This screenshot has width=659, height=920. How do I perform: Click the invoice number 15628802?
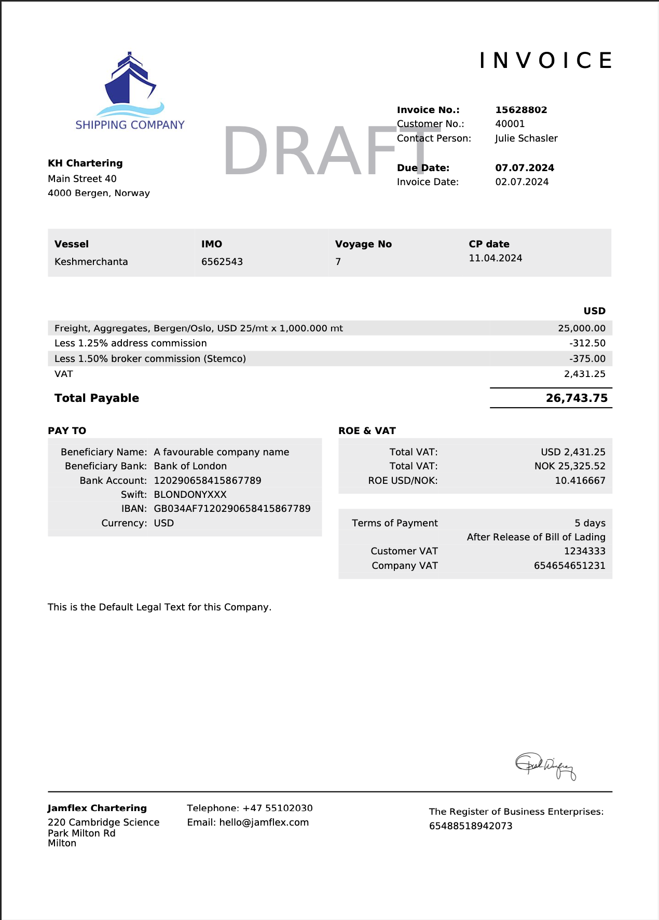tap(521, 110)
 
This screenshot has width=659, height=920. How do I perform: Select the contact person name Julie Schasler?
tap(526, 138)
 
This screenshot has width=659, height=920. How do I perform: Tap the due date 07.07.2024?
tap(525, 168)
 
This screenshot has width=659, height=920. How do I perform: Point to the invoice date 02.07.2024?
tap(521, 182)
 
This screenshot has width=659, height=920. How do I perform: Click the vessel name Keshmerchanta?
tap(91, 262)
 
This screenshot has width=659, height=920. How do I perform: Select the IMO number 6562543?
tap(222, 262)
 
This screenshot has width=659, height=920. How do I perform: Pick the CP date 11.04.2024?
tap(496, 258)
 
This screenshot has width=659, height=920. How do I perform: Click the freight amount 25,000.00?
tap(582, 328)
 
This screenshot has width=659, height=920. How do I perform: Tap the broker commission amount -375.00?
tap(587, 359)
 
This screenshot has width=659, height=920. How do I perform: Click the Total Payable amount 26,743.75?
tap(576, 398)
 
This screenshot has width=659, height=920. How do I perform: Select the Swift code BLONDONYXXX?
tap(190, 495)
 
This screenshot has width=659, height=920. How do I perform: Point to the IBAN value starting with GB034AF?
tap(232, 509)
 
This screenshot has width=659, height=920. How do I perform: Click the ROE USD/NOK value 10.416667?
tap(580, 481)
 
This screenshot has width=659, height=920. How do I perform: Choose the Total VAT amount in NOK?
tap(570, 466)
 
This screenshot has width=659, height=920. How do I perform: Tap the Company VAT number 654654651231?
tap(569, 566)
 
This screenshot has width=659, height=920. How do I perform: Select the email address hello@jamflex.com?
tap(264, 823)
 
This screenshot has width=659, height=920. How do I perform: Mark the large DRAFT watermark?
tap(327, 152)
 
